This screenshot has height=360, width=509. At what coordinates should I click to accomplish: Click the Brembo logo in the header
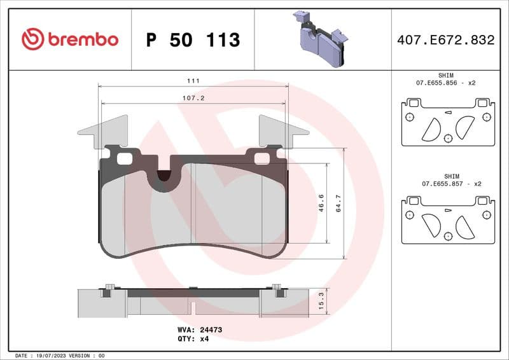click(70, 39)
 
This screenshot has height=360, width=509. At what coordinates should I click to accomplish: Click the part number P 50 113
click(193, 40)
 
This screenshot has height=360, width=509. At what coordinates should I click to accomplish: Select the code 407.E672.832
click(445, 40)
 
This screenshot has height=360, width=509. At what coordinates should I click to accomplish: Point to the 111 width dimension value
click(193, 81)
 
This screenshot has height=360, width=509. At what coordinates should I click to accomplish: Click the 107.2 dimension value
click(193, 99)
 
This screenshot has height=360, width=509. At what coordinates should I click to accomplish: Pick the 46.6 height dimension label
click(321, 203)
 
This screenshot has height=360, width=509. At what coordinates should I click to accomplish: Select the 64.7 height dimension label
click(338, 204)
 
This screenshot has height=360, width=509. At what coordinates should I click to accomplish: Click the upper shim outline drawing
click(448, 122)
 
